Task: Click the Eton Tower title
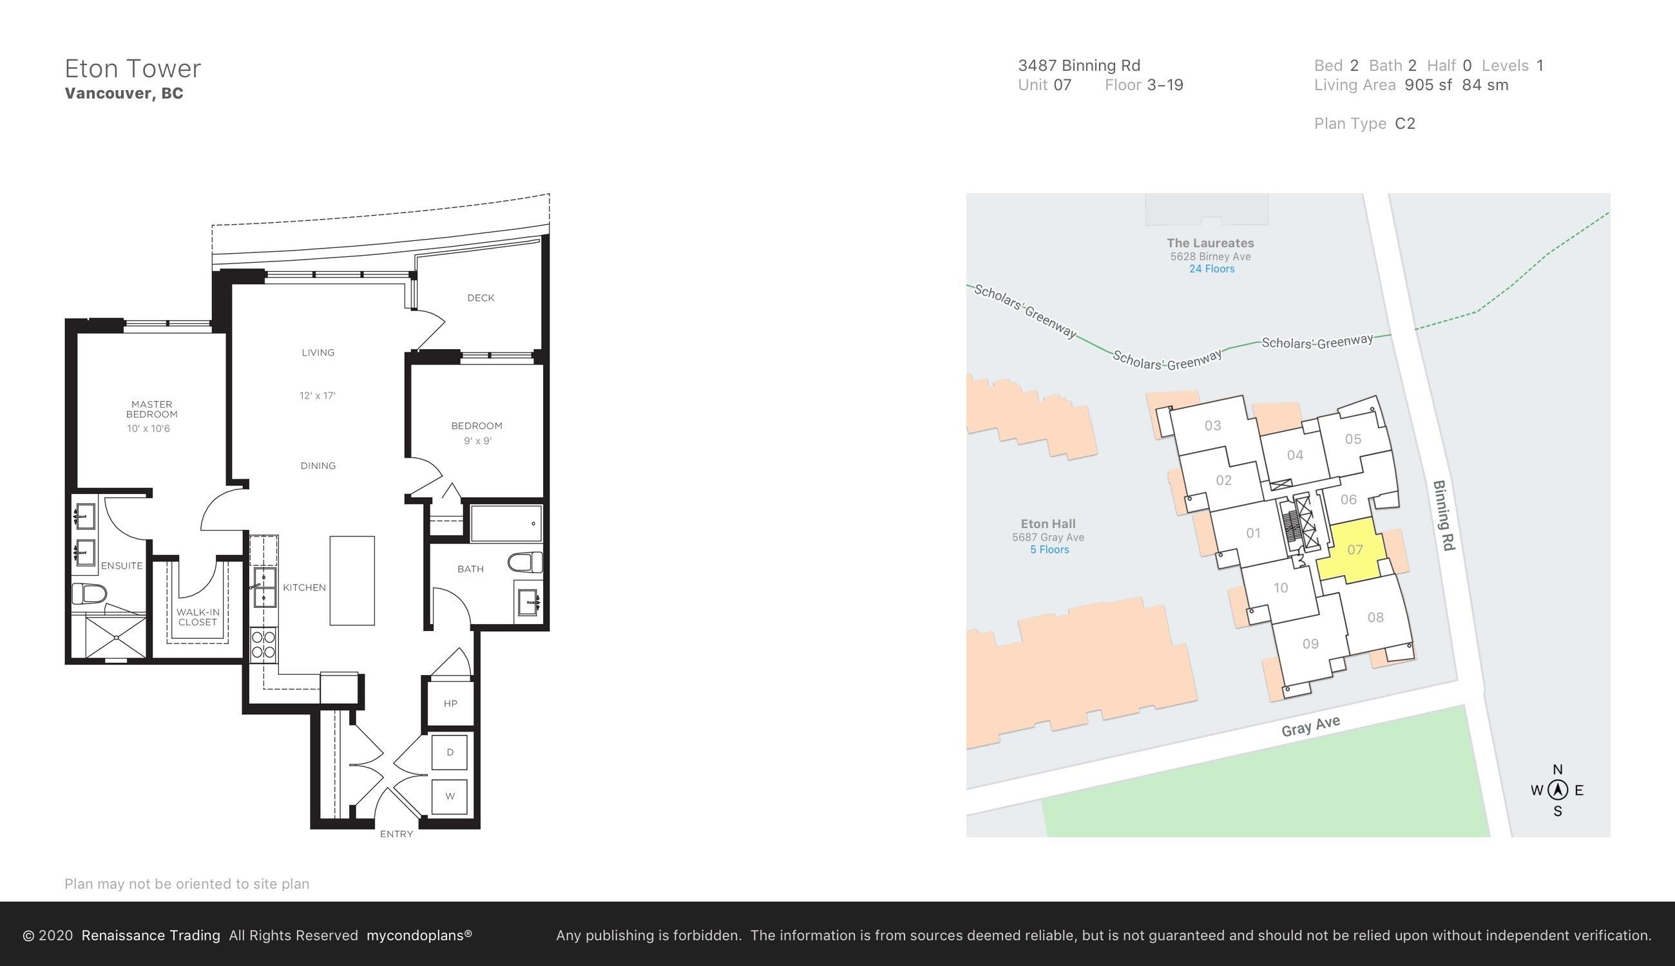133,68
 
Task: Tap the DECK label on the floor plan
481,298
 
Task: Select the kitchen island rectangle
352,580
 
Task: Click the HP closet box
450,703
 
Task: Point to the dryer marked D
450,752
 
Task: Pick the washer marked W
450,796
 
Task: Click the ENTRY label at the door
396,834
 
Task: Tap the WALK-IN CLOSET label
198,617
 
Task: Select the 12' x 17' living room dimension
317,396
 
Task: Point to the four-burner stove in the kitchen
263,644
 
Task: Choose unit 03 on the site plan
1212,426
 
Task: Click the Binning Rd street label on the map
1444,515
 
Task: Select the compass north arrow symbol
1558,790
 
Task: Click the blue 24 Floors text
1212,269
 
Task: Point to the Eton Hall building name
1048,524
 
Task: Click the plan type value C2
1405,124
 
